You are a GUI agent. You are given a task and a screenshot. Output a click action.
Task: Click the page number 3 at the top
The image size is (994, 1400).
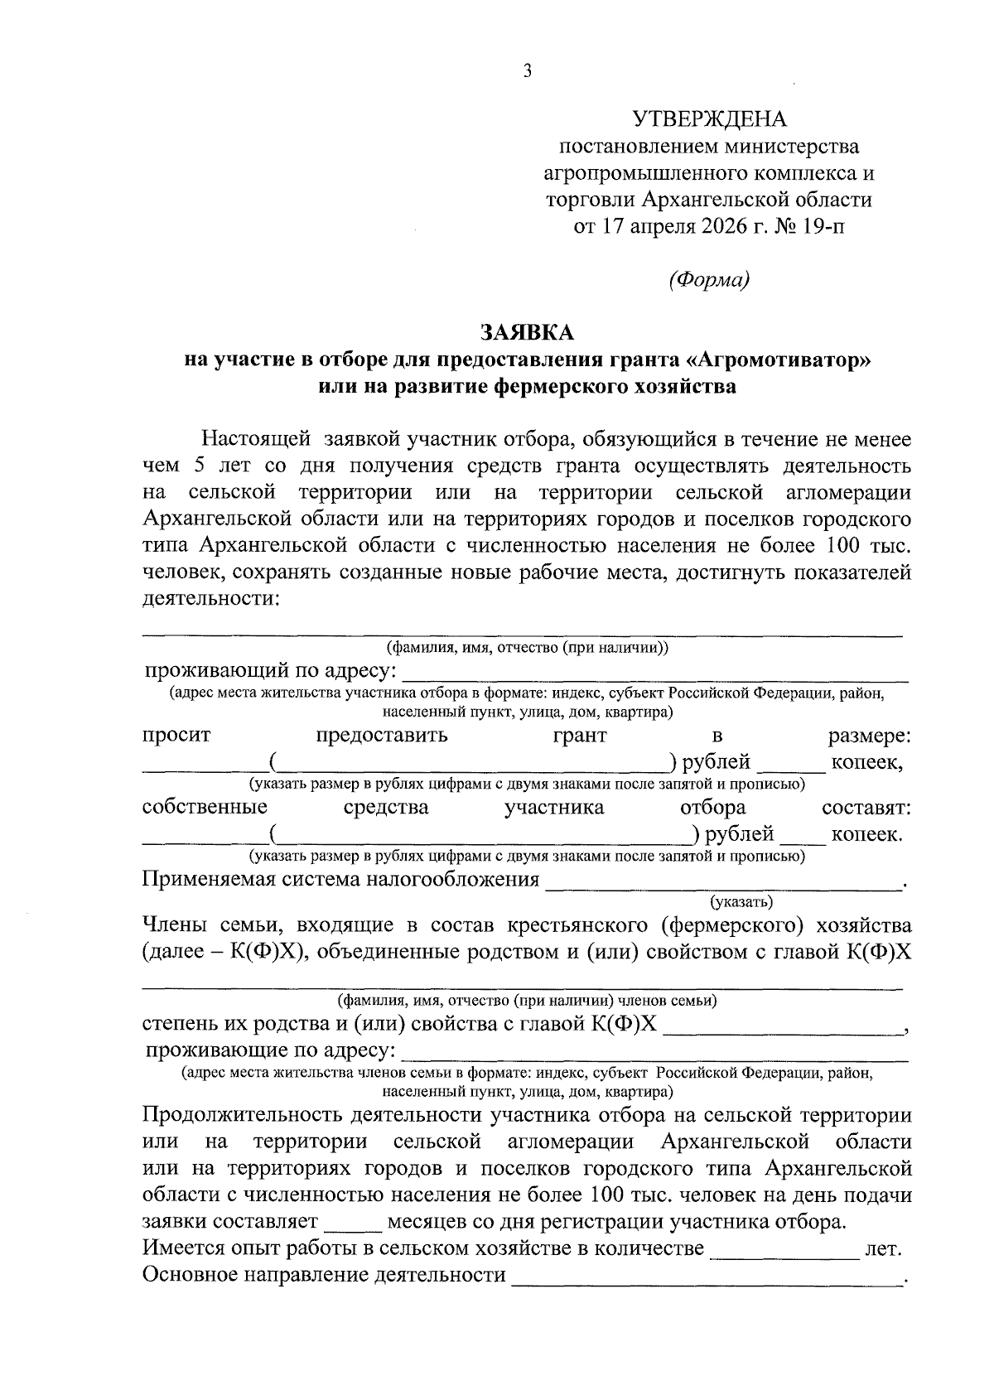[x=528, y=71]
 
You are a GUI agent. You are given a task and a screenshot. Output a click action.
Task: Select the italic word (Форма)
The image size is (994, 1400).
[x=709, y=280]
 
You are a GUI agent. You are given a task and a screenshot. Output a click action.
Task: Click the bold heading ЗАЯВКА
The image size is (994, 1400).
[x=528, y=332]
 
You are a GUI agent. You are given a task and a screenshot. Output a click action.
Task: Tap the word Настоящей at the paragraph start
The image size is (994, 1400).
[x=256, y=438]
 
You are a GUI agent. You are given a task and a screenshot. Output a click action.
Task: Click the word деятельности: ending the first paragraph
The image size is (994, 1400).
[x=211, y=598]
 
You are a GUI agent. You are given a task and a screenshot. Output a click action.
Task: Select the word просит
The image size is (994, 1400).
[x=176, y=735]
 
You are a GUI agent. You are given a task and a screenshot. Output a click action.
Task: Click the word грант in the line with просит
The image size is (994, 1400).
[x=580, y=735]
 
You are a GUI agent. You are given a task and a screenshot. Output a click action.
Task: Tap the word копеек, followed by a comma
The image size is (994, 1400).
[x=866, y=762]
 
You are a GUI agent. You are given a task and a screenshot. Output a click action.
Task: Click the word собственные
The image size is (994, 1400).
[x=205, y=807]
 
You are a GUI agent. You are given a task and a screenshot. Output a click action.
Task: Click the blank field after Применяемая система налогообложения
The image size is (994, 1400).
[x=722, y=881]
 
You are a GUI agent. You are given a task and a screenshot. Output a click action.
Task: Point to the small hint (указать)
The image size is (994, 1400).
[x=741, y=900]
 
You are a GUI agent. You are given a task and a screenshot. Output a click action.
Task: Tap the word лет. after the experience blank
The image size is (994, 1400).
[x=883, y=1249]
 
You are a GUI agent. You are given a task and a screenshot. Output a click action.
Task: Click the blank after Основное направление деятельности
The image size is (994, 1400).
[x=708, y=1277]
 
